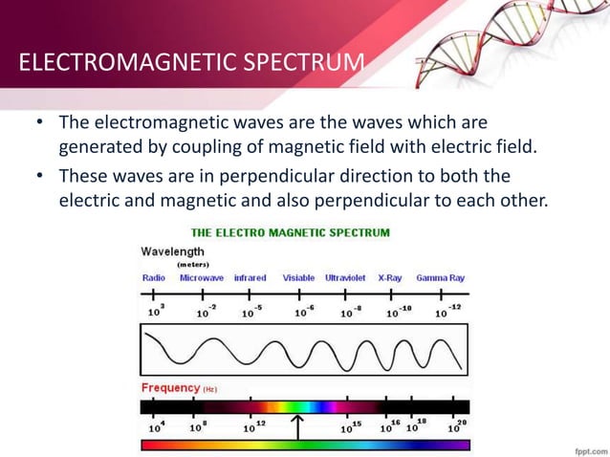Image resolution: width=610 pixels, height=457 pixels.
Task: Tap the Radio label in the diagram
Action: coord(153,278)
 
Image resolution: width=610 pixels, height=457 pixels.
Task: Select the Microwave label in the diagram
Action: coord(201,278)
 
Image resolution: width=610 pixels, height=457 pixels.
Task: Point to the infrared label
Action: coord(250,278)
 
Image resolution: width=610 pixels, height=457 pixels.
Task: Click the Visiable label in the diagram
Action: coord(298,278)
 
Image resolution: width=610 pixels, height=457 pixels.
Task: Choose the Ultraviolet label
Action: coord(345,278)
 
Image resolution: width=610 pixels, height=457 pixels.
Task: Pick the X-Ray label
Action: coord(390,278)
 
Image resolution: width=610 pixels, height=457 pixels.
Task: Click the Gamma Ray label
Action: coord(441,278)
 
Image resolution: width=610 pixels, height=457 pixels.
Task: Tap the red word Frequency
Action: coord(169,388)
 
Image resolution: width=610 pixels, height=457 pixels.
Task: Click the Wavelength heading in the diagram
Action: coord(172,251)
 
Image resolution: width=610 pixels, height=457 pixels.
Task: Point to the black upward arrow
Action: coord(298,424)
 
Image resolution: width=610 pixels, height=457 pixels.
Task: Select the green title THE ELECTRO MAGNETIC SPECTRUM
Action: coord(291,232)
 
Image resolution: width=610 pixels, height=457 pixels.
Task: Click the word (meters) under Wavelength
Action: coord(193,264)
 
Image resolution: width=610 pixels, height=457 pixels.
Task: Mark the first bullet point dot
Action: coord(41,124)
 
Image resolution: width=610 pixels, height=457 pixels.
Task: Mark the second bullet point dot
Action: coord(41,178)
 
